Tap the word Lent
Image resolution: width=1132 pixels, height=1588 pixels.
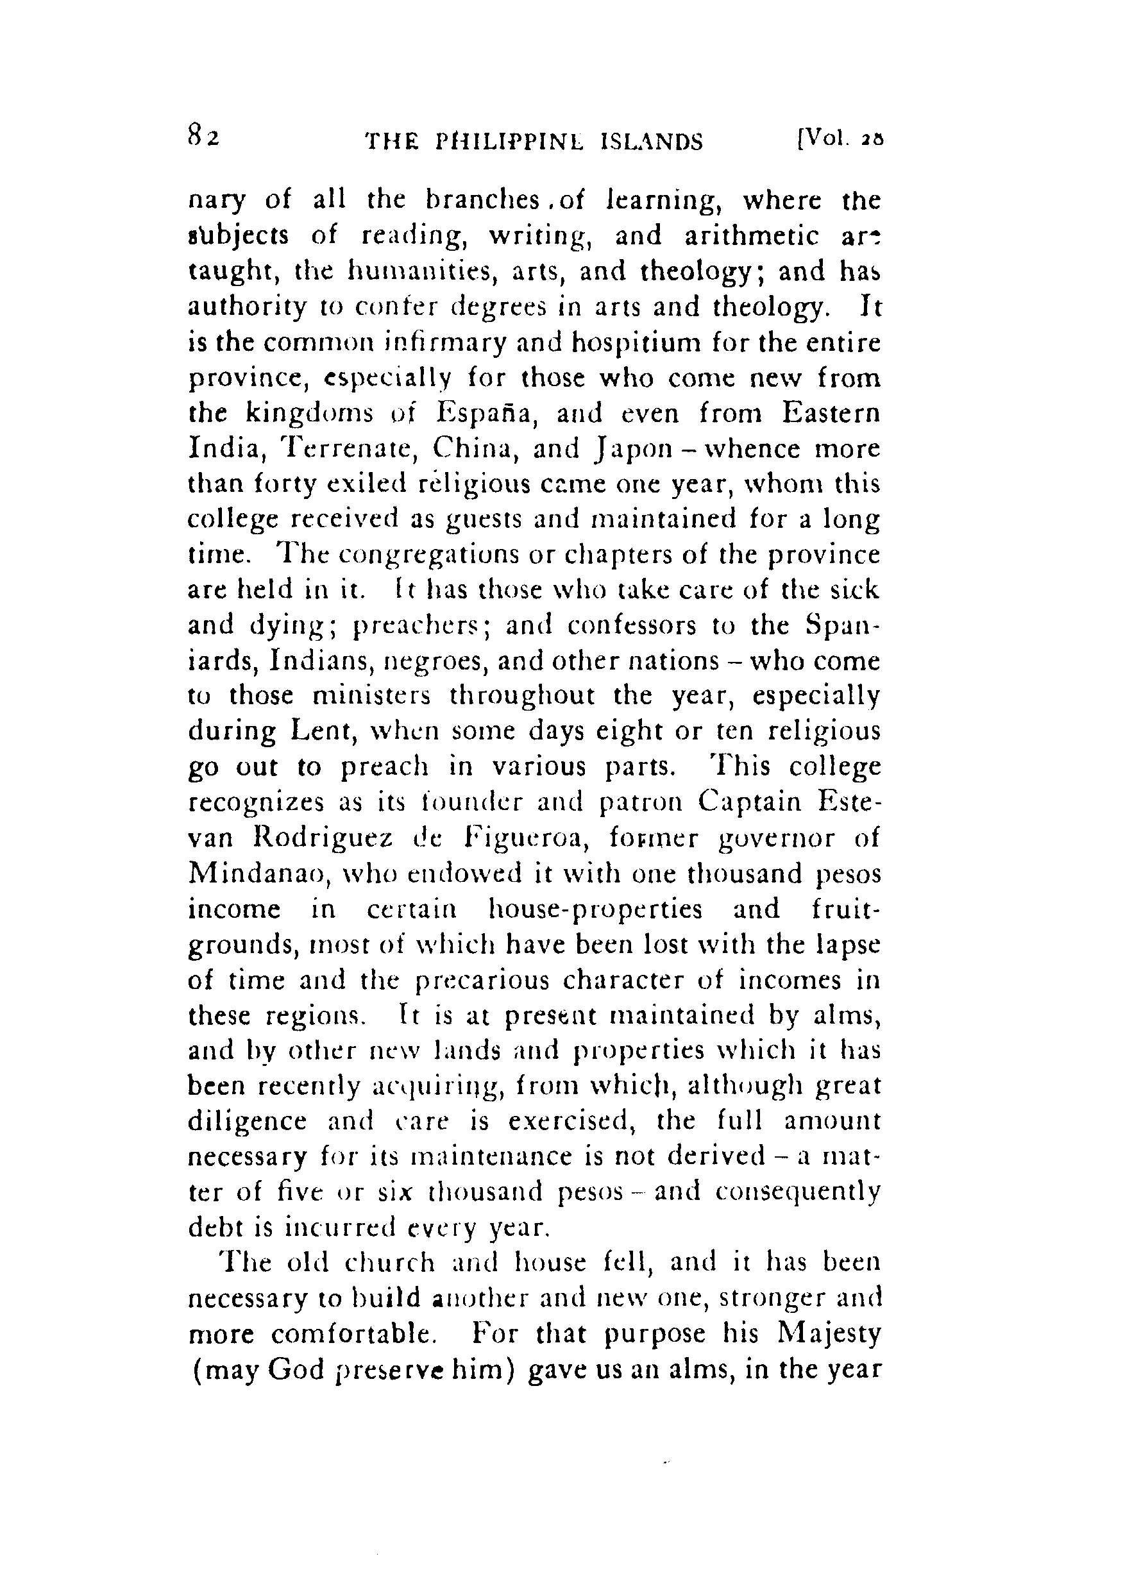pos(319,732)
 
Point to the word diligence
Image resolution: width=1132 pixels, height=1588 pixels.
pos(248,1122)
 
